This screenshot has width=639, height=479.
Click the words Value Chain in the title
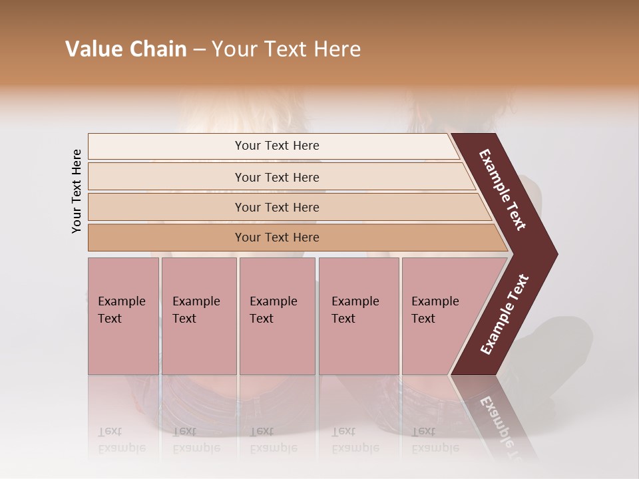[x=126, y=49]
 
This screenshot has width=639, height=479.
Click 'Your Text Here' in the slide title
[x=286, y=49]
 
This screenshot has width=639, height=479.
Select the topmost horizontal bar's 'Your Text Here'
[x=277, y=146]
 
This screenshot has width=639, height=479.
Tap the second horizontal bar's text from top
[x=277, y=178]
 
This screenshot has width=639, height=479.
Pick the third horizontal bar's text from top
[x=277, y=208]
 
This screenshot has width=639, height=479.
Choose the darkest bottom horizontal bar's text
[x=277, y=238]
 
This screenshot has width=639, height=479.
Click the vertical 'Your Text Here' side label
[x=77, y=191]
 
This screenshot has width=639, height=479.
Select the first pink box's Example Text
[x=121, y=310]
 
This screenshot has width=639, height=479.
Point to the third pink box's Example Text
[x=274, y=310]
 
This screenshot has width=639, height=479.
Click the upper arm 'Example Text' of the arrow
[x=503, y=190]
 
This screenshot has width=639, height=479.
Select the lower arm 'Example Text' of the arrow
[x=505, y=315]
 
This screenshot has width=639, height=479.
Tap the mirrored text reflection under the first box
[x=121, y=440]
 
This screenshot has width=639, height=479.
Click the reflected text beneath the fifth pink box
[x=435, y=440]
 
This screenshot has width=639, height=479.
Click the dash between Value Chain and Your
[x=199, y=50]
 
